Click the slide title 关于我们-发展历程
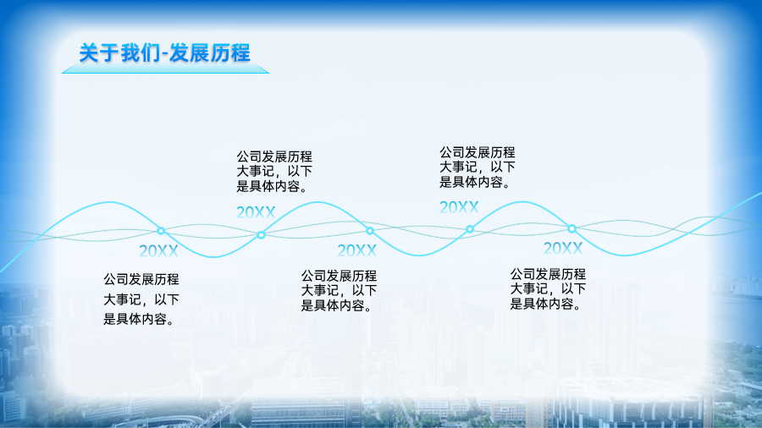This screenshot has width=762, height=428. pos(165,53)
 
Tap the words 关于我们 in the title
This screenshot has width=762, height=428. pos(119,53)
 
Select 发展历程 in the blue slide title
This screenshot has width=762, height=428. pos(210,53)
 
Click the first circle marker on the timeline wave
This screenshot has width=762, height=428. pos(161,231)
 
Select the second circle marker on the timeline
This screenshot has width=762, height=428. pos(261,235)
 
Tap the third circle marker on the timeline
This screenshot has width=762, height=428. pos(370,231)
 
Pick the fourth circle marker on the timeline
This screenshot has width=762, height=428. pos(469,229)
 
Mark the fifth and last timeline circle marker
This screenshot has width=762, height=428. pos(571,228)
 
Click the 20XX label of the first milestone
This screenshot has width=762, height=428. pos(158,251)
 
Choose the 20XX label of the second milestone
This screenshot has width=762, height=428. pos(256,212)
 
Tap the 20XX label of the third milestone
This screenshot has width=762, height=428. pos(356,250)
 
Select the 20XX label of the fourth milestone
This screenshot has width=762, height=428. pos(459,207)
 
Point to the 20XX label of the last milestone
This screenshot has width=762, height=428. pos(563,249)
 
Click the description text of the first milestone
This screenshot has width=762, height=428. pos(141,299)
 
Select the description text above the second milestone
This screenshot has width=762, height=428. pos(274,172)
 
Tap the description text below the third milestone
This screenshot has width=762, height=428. pos(340,291)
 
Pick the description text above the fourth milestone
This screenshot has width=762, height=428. pos(478,167)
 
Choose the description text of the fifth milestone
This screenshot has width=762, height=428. pos(548,288)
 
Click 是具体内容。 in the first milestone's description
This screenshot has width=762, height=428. pos(139,319)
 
